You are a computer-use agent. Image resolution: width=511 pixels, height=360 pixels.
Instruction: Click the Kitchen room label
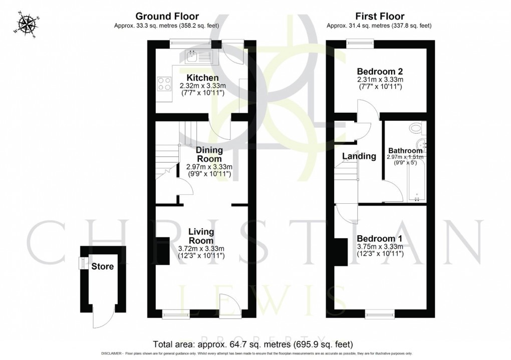coord(202,78)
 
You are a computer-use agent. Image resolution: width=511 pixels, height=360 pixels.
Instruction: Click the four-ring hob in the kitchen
coord(164,83)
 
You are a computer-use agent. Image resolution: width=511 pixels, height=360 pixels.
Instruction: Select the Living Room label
coord(201,236)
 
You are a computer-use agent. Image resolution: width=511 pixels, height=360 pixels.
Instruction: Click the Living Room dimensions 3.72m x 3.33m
coord(201,248)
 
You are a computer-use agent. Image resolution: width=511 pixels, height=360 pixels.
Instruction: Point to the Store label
coord(102,266)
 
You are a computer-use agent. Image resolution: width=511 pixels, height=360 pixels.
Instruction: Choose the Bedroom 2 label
coord(380,71)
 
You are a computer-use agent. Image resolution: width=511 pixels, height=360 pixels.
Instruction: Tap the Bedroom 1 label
coord(380,238)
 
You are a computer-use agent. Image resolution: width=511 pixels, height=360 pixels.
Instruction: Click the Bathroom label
coord(405,150)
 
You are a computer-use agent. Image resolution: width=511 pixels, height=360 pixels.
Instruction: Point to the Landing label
coord(359,156)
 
